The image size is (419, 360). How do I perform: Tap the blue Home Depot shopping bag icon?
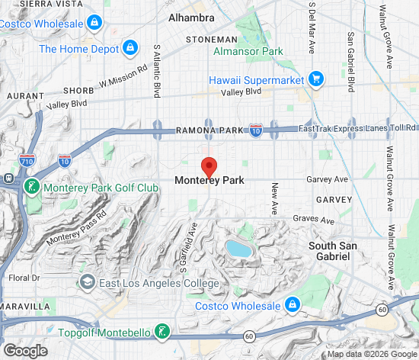click(131, 48)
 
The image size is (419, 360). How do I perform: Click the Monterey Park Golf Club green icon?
click(31, 187)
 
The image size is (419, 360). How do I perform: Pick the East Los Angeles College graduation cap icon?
click(88, 283)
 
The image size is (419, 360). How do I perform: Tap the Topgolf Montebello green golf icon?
click(162, 332)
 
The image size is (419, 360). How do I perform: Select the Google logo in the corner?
click(25, 350)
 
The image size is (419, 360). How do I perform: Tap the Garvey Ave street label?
click(327, 180)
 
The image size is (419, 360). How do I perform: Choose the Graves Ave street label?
click(314, 220)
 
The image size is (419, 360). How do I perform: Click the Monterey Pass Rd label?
click(77, 227)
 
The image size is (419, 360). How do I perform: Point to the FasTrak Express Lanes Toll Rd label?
click(357, 128)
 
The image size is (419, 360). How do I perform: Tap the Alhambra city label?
click(191, 17)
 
